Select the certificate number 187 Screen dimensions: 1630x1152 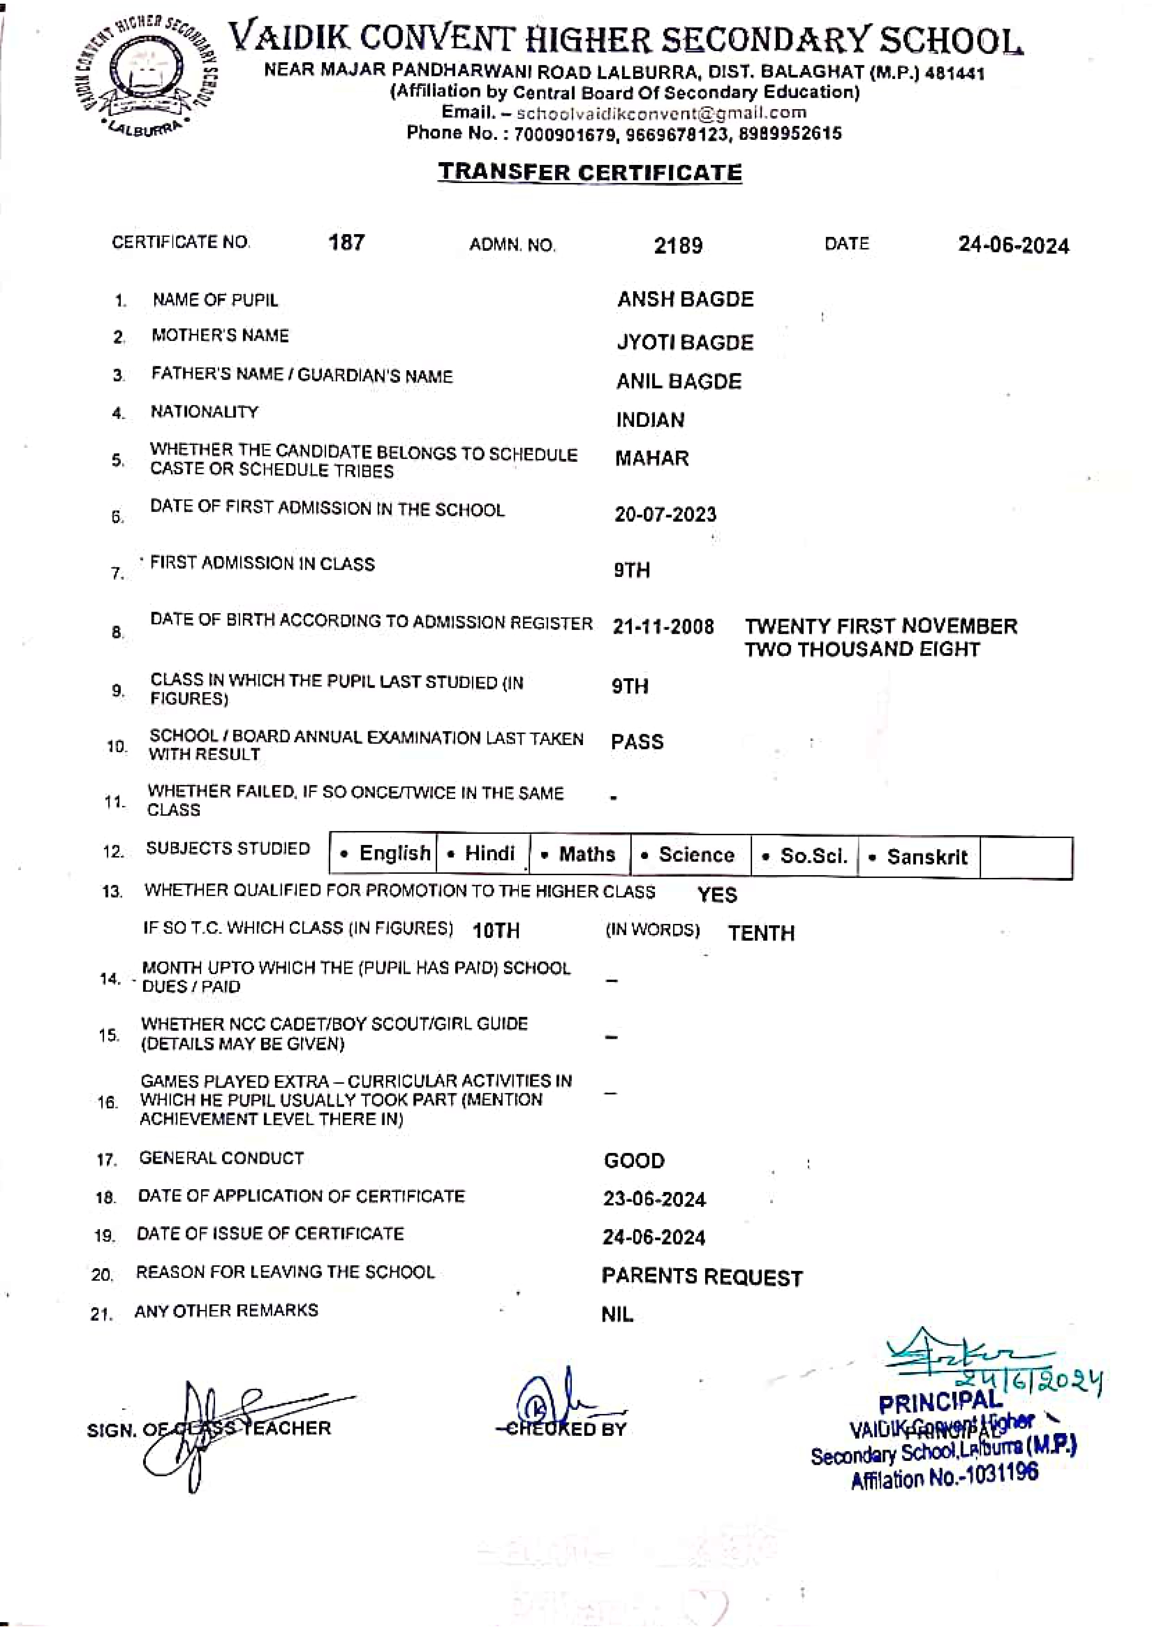(347, 243)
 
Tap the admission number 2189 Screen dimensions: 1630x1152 (678, 246)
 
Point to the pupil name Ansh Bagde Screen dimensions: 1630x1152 (685, 300)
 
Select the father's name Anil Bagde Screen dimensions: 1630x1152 (679, 382)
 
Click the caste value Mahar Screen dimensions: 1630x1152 (652, 458)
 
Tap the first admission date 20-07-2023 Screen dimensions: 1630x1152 (665, 515)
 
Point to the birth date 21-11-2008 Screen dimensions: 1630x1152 (663, 627)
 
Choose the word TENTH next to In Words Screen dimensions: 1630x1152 (761, 933)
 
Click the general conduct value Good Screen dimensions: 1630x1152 (634, 1161)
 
